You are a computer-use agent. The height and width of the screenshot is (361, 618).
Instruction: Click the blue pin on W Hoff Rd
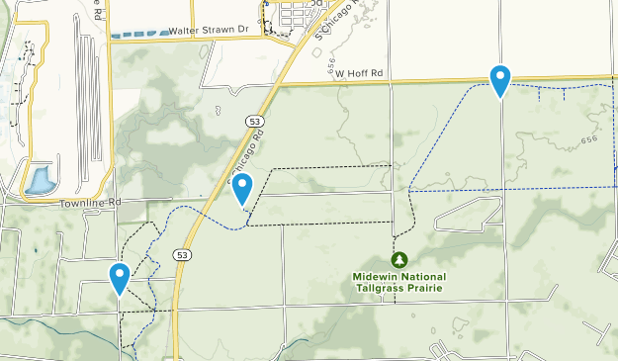(501, 79)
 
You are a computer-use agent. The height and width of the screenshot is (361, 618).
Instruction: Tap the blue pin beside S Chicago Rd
(242, 187)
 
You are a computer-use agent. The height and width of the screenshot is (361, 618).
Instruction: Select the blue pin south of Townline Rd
(120, 277)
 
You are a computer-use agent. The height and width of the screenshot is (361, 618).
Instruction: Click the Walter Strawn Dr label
(207, 31)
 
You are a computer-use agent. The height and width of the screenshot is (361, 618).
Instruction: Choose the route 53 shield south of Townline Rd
(182, 254)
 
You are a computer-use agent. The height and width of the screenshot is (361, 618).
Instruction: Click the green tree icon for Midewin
(398, 260)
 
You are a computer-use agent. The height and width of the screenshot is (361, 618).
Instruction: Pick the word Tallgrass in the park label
(382, 288)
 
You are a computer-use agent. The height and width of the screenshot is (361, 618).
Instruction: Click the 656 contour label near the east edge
(589, 140)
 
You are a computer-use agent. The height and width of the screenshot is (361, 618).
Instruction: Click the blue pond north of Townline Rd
(41, 180)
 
